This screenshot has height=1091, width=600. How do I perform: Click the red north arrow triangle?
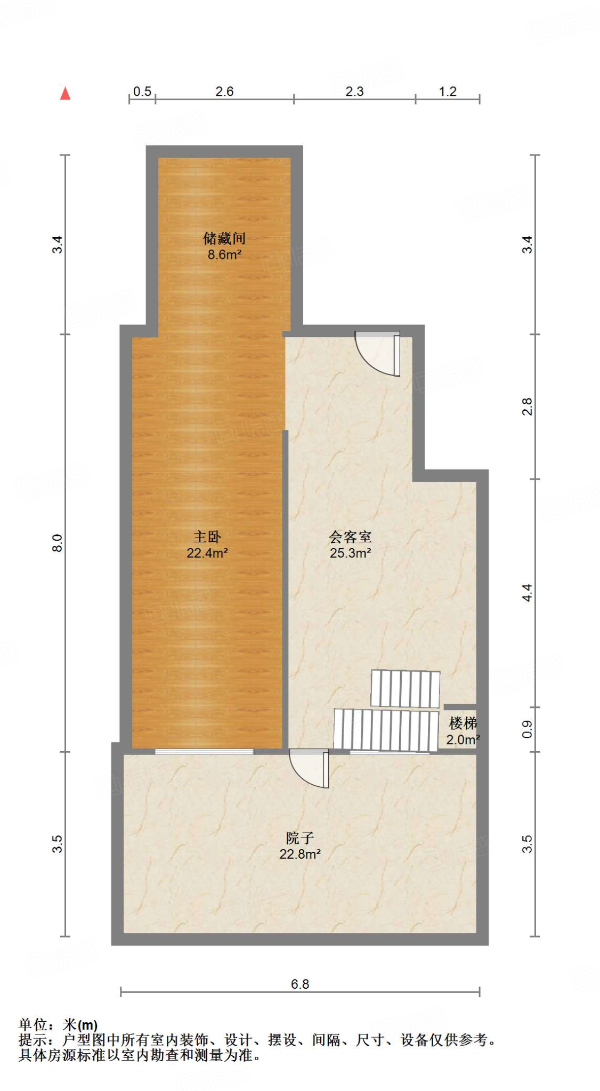(65, 94)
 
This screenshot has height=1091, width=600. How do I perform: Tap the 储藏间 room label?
(224, 238)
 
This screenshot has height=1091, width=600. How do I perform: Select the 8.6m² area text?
(224, 255)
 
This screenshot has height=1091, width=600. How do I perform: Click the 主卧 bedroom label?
(207, 536)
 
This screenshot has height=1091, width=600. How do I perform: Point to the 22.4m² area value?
(207, 553)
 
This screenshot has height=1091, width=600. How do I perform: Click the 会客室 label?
(350, 536)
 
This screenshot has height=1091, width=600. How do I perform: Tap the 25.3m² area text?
(350, 553)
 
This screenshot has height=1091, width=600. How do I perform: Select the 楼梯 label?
(463, 723)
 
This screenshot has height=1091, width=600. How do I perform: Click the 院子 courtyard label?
(299, 838)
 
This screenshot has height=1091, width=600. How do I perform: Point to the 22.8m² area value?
(299, 854)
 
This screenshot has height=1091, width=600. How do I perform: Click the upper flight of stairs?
(405, 689)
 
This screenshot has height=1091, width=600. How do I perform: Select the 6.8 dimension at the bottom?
(299, 984)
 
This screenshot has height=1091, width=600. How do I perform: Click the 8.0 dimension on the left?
(58, 543)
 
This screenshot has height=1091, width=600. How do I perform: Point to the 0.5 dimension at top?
(142, 92)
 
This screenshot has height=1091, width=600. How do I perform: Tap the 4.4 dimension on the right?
(526, 593)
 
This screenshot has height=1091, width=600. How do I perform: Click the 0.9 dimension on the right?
(526, 729)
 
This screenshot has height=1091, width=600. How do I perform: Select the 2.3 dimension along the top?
(354, 92)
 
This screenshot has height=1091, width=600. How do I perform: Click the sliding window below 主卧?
(204, 751)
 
